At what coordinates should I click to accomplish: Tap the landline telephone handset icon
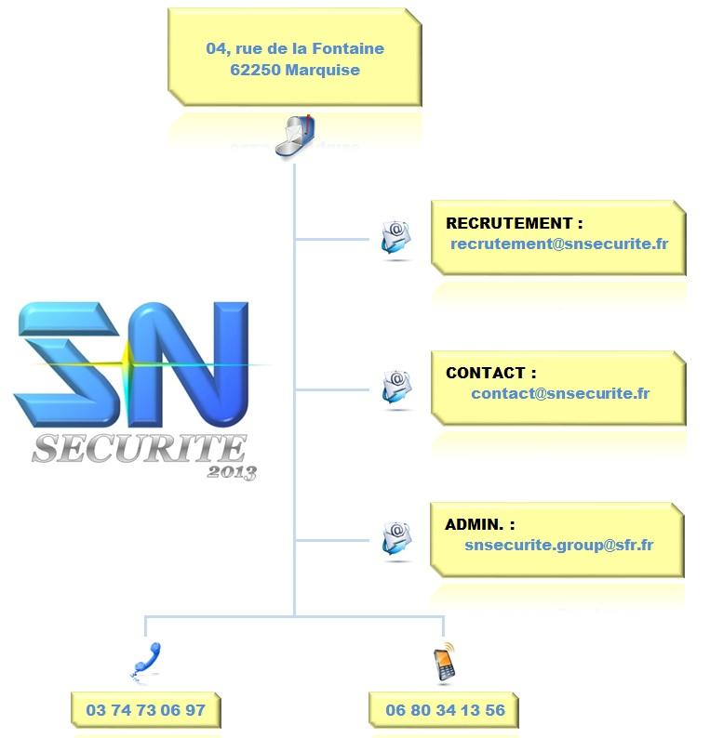point(146,660)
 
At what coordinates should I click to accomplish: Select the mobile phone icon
point(444,662)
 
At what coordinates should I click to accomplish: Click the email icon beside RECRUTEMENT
point(395,237)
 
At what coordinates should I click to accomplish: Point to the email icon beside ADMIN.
point(396,538)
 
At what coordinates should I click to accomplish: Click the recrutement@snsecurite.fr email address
point(559,244)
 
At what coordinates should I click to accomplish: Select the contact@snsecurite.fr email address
point(560,393)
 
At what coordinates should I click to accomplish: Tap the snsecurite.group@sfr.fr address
point(558,545)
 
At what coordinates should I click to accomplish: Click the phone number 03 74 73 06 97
point(145,710)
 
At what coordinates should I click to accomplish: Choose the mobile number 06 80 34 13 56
point(445,710)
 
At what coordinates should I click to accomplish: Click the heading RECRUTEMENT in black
point(509,223)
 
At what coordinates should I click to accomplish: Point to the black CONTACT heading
point(485,373)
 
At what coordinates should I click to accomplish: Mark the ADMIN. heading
point(474,524)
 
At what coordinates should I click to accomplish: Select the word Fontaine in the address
point(348,48)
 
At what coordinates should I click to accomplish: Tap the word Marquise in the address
point(323,71)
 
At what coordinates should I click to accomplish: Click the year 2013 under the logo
point(232,472)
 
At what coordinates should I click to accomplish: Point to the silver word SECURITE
point(140,448)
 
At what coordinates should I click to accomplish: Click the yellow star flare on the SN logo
point(127,363)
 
